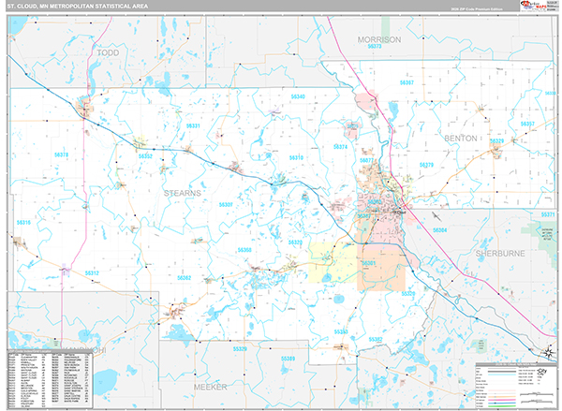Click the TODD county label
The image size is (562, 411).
click(108, 53)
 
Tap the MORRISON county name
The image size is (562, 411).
click(377, 39)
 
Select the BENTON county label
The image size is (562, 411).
click(462, 137)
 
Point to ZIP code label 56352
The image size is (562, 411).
click(145, 156)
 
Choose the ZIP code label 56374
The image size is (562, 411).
click(341, 147)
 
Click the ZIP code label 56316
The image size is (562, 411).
click(24, 222)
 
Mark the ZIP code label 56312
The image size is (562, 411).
click(92, 272)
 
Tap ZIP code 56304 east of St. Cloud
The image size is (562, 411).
click(439, 229)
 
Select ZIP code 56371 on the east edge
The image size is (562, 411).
click(548, 214)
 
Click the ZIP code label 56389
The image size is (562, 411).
click(288, 359)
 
